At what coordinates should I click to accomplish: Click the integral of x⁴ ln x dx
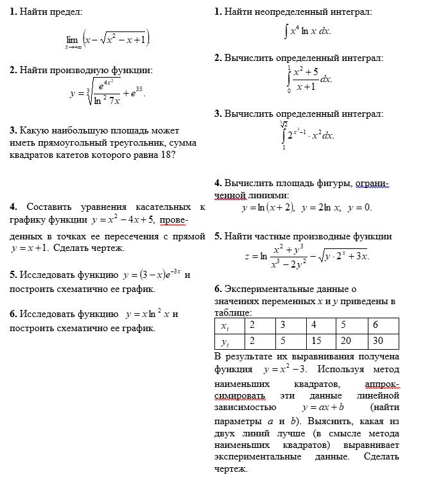[x=307, y=30]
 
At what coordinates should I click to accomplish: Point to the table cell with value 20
[x=347, y=341]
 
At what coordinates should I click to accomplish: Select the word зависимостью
[x=246, y=407]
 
